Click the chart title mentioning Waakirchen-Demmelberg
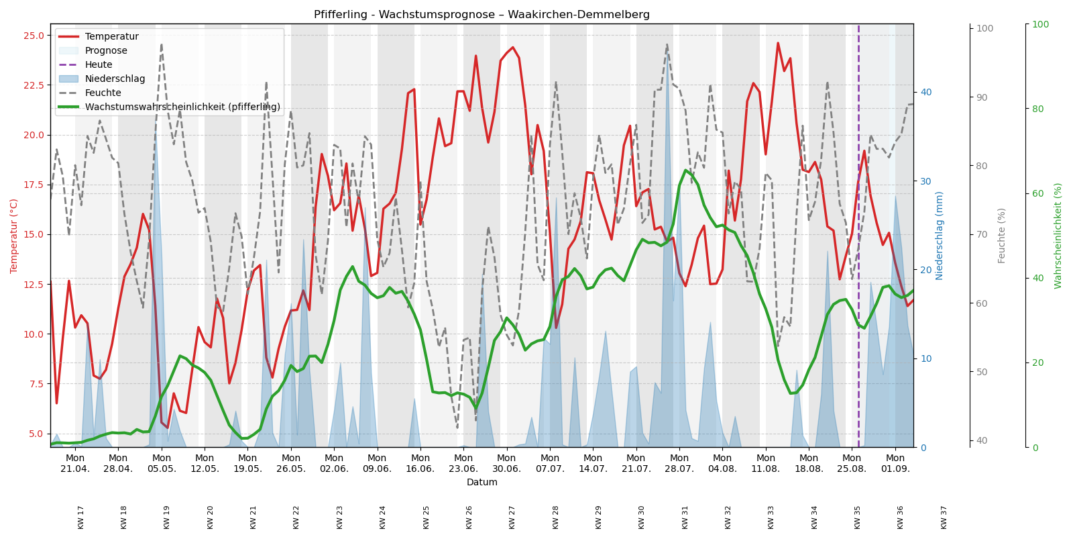click(482, 15)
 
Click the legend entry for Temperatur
click(111, 37)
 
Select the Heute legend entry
click(99, 65)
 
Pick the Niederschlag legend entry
click(115, 79)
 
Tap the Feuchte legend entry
click(103, 93)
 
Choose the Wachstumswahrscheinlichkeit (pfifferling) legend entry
click(182, 107)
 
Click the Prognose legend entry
click(106, 51)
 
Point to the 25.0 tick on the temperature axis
click(34, 36)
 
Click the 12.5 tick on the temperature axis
click(34, 285)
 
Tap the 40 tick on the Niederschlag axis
click(926, 93)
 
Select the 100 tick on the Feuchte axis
click(984, 29)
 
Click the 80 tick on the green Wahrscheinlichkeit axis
click(1039, 109)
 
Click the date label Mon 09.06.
click(377, 463)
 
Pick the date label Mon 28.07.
click(679, 463)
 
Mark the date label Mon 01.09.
click(895, 463)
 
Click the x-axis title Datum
click(482, 482)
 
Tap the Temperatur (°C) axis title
click(14, 236)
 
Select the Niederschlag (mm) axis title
click(940, 236)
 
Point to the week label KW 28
click(555, 517)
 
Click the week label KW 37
click(944, 517)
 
